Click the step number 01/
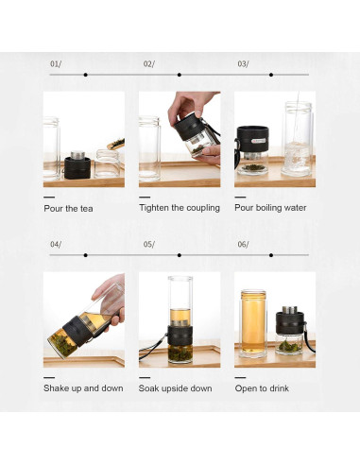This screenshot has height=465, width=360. pos(56,64)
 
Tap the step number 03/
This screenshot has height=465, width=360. pos(243,64)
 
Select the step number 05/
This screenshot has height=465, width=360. pos(149,245)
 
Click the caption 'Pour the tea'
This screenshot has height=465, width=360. pos(68,209)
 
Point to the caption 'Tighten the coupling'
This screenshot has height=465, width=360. pos(180,208)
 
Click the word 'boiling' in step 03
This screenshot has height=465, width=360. pos(268,208)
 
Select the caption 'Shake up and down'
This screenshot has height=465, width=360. pos(83,388)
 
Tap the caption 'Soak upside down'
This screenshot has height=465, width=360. pos(176,388)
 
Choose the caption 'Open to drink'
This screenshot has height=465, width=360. pos(262,388)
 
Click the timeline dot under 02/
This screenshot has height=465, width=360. pos(180,75)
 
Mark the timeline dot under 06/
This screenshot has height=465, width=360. pos(271,255)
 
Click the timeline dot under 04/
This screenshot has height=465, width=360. pos(86,255)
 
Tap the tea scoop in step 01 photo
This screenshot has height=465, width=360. pos(116,144)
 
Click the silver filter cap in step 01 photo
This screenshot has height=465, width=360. pos(77,155)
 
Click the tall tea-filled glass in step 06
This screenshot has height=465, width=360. pos(253,323)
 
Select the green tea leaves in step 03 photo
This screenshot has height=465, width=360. pos(252,167)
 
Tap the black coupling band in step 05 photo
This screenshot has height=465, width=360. pos(180,336)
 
